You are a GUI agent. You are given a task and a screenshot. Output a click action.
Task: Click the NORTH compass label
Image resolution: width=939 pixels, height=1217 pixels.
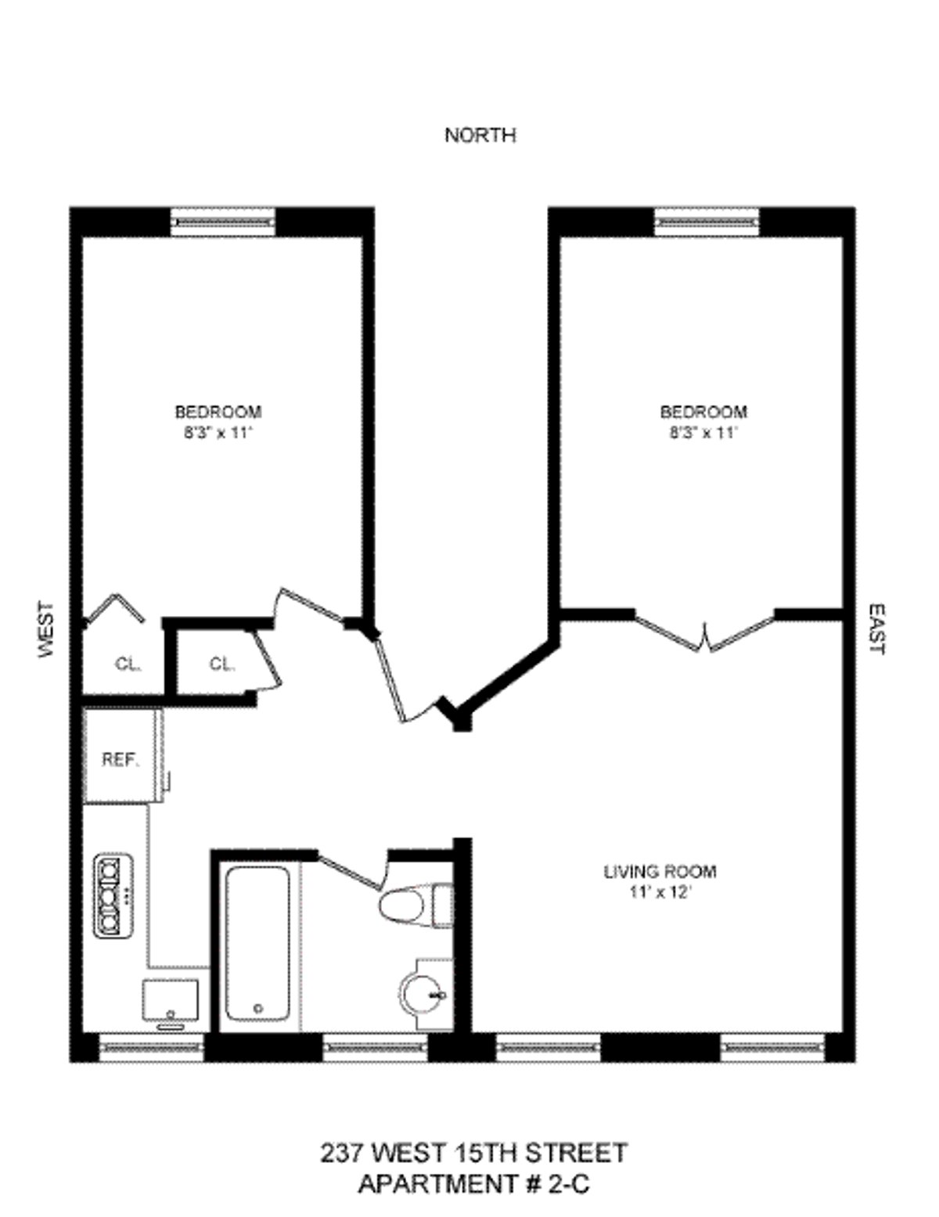coord(480,135)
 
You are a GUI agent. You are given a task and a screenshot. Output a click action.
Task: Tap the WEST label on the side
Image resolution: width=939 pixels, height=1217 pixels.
coord(47,629)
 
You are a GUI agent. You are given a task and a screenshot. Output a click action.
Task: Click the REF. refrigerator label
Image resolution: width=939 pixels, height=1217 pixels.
coord(121,760)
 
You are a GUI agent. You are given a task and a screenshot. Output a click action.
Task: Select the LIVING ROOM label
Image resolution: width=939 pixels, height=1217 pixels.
coord(660,871)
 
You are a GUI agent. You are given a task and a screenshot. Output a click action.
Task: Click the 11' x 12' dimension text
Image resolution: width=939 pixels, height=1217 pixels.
coord(660,892)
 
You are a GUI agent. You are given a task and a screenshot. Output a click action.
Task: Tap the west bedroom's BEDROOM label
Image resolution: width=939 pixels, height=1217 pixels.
coord(218,412)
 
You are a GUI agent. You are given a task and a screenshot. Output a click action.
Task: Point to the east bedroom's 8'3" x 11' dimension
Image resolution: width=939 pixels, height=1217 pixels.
coord(703,433)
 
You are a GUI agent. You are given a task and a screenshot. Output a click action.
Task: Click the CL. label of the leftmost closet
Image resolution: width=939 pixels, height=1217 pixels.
coord(128,664)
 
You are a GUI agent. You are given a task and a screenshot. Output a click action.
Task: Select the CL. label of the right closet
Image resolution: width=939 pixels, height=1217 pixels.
coord(221,664)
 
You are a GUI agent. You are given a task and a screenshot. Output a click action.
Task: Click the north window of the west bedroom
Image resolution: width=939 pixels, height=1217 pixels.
coord(223,222)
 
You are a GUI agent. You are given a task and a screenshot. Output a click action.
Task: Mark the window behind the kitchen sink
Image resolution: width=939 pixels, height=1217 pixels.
coord(151,1046)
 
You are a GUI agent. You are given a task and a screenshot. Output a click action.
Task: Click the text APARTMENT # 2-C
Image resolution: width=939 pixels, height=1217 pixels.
coord(473,1185)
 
